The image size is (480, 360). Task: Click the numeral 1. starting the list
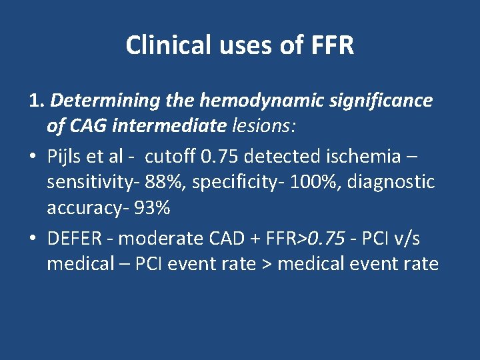[x=37, y=101]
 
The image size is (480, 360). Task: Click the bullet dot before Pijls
[x=33, y=157]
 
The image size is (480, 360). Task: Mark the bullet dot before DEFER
[x=33, y=238]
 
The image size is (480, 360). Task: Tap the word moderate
[x=161, y=238]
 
